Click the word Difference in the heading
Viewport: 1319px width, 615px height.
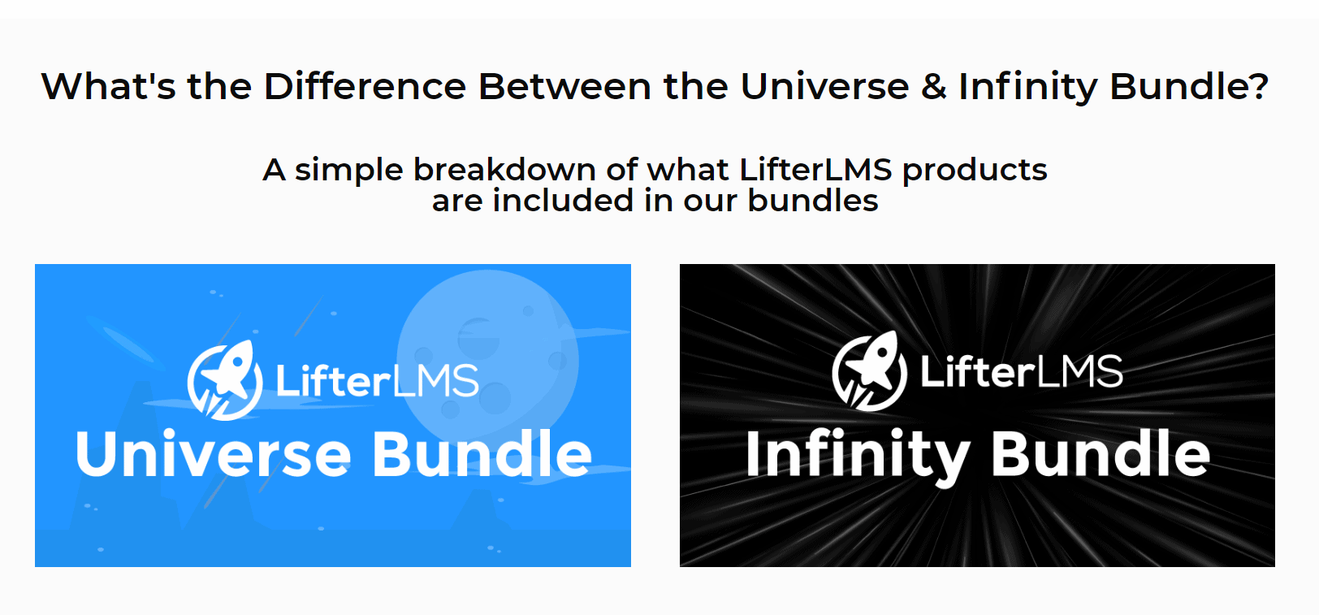(365, 87)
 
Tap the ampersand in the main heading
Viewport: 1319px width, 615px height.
(934, 87)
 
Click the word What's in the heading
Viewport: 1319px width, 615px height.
(108, 87)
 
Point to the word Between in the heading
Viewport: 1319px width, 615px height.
(564, 87)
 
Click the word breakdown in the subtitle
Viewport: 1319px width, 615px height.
(504, 170)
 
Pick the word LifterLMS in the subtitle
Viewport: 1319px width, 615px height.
(815, 170)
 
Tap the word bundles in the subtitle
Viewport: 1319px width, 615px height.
(812, 201)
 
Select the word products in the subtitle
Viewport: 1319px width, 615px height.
(975, 171)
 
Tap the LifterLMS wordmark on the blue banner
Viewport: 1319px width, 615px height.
(378, 380)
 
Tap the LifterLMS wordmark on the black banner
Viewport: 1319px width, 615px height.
(1022, 371)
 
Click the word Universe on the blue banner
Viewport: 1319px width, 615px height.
(213, 453)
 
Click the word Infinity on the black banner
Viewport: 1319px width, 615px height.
(858, 456)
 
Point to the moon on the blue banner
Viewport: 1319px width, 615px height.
(487, 359)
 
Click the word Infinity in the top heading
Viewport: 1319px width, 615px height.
(1028, 87)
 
